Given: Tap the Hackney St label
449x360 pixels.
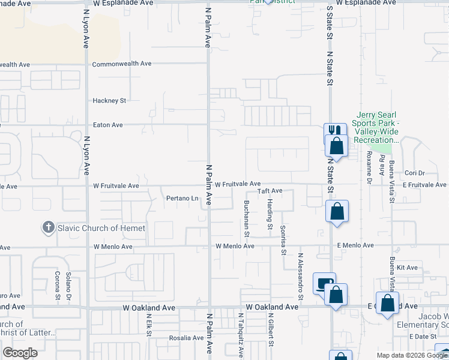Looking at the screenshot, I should [109, 101].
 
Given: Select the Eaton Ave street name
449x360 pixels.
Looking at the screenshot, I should [108, 125].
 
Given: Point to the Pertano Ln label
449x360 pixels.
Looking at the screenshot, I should [182, 198].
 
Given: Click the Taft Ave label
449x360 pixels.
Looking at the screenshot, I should [270, 191].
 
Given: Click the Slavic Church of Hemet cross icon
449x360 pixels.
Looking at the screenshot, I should [47, 228].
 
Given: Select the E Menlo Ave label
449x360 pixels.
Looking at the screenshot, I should [355, 245].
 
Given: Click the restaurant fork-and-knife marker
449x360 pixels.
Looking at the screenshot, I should [334, 131].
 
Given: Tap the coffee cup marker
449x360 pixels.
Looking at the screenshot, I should [324, 282].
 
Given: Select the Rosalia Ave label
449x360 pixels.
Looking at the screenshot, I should [186, 338].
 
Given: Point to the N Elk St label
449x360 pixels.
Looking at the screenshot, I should [149, 324].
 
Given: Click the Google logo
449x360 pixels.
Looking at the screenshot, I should [20, 353].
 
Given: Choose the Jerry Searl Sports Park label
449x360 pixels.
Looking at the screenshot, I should [378, 127].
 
